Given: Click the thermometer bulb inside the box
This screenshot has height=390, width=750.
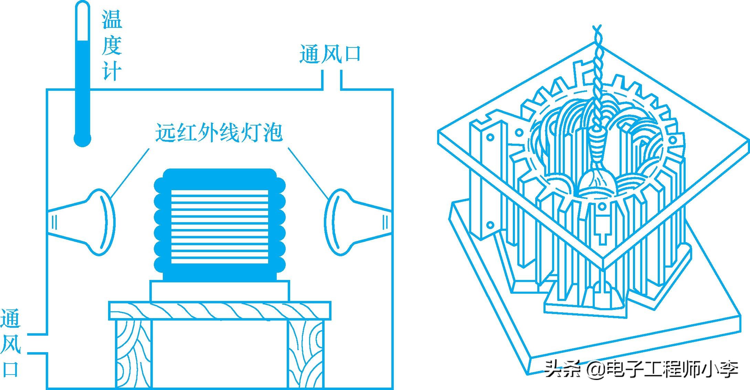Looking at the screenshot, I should tap(82, 140).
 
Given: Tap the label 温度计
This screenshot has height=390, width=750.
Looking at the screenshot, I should tap(112, 45).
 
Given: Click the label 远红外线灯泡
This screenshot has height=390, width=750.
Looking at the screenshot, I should tap(219, 133).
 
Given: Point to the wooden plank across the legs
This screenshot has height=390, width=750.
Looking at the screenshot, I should tap(220, 311).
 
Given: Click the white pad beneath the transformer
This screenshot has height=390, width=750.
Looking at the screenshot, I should tap(220, 291).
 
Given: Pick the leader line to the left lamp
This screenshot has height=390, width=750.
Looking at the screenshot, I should tap(131, 172).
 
